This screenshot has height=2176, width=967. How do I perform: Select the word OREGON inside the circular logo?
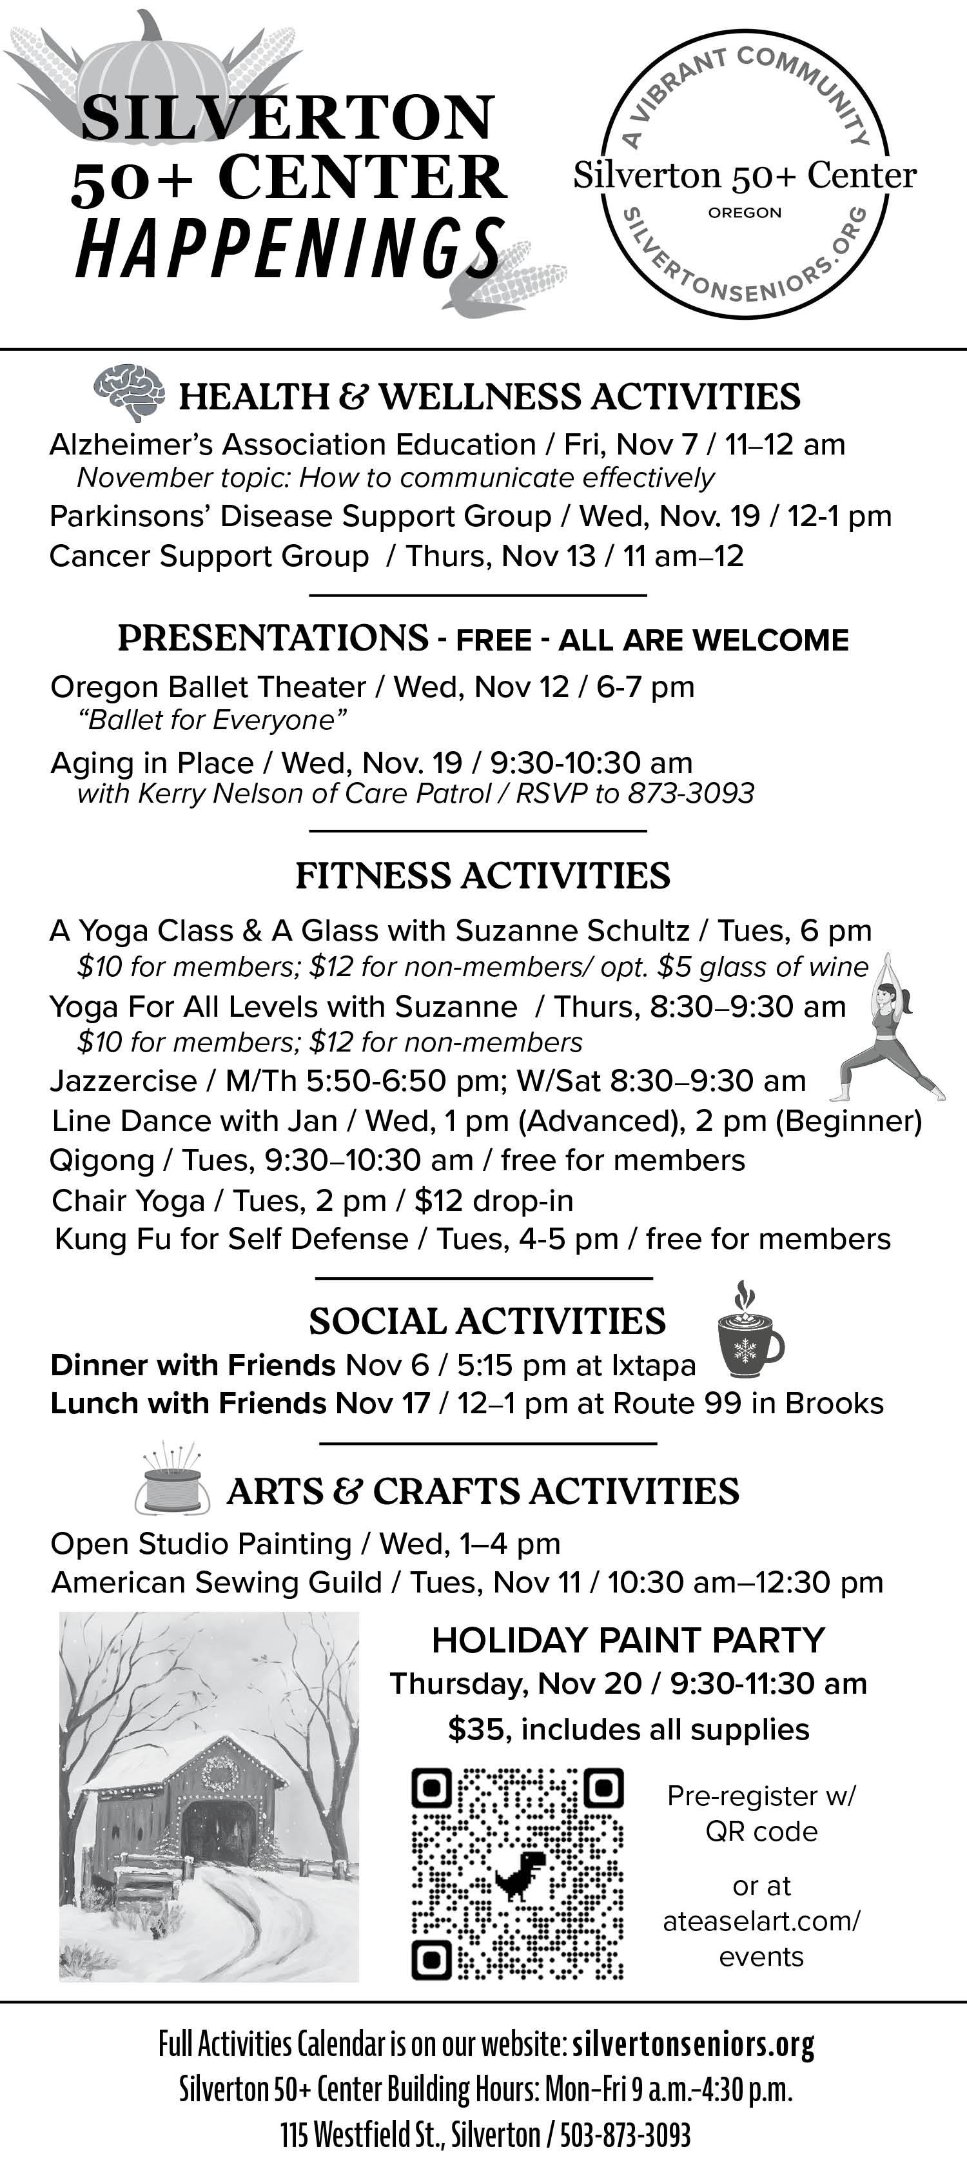tap(745, 213)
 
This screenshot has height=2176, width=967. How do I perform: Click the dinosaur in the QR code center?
tap(518, 1874)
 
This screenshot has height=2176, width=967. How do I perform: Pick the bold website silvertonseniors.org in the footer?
tap(694, 2046)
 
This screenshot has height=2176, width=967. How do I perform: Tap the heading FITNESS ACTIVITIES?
tap(483, 876)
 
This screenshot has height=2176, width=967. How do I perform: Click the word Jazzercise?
tap(123, 1081)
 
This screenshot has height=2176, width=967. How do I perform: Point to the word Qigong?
tap(101, 1161)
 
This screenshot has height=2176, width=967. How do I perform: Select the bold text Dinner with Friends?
tap(193, 1365)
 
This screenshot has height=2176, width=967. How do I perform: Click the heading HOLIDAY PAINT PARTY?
tap(627, 1640)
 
